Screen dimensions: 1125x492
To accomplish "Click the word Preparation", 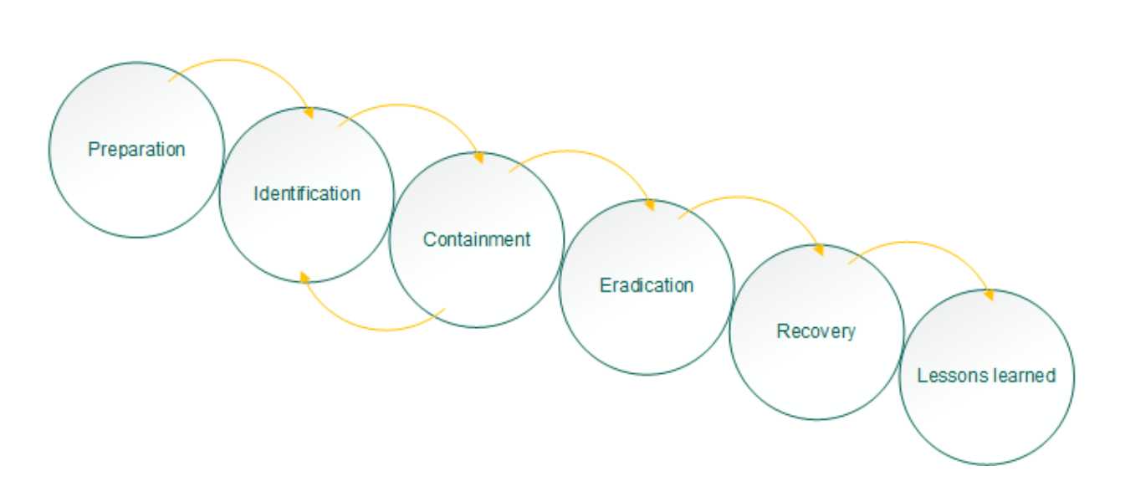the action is [136, 150].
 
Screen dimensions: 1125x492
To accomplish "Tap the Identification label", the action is [307, 193].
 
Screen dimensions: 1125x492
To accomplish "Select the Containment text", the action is [477, 239].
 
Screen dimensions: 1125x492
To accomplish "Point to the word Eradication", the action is [647, 285].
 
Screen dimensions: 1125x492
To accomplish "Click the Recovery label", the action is [816, 331].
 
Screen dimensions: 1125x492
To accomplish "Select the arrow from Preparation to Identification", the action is [236, 61].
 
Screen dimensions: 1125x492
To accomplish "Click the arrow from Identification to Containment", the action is [406, 106].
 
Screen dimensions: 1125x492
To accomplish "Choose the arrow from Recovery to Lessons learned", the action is [916, 243].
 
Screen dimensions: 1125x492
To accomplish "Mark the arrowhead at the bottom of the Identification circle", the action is [304, 278].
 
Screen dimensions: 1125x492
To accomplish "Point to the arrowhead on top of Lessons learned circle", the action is [989, 295].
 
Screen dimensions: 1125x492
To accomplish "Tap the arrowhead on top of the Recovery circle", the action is [819, 250].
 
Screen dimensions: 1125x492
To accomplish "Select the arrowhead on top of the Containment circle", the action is [479, 158].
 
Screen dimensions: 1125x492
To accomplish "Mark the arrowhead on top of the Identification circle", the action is [309, 113].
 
